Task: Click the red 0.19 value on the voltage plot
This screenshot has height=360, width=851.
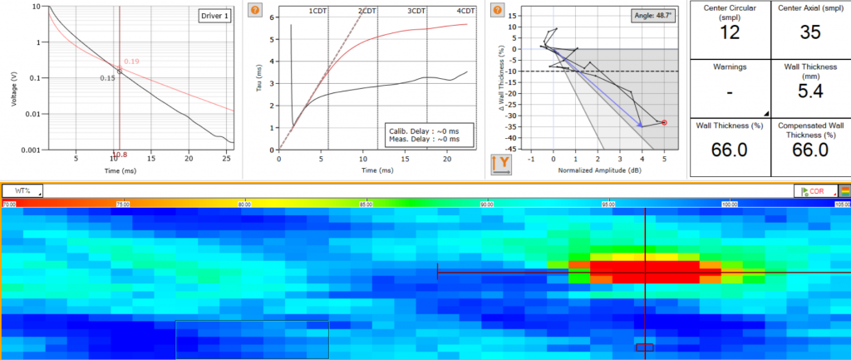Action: point(131,62)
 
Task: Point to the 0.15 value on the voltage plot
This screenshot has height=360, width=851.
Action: point(107,78)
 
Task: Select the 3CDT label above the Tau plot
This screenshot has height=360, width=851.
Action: point(417,11)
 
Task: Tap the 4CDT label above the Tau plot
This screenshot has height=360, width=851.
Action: point(466,11)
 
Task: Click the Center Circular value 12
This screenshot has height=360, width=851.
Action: point(730,32)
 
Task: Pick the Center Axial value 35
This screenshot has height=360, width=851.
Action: point(810,32)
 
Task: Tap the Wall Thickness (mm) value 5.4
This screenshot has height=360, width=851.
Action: point(810,91)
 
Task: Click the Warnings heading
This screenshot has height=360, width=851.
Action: point(730,66)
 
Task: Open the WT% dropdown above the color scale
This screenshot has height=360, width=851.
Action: point(22,190)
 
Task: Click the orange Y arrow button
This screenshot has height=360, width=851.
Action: point(501,164)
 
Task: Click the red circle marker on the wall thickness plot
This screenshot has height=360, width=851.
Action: point(664,123)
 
